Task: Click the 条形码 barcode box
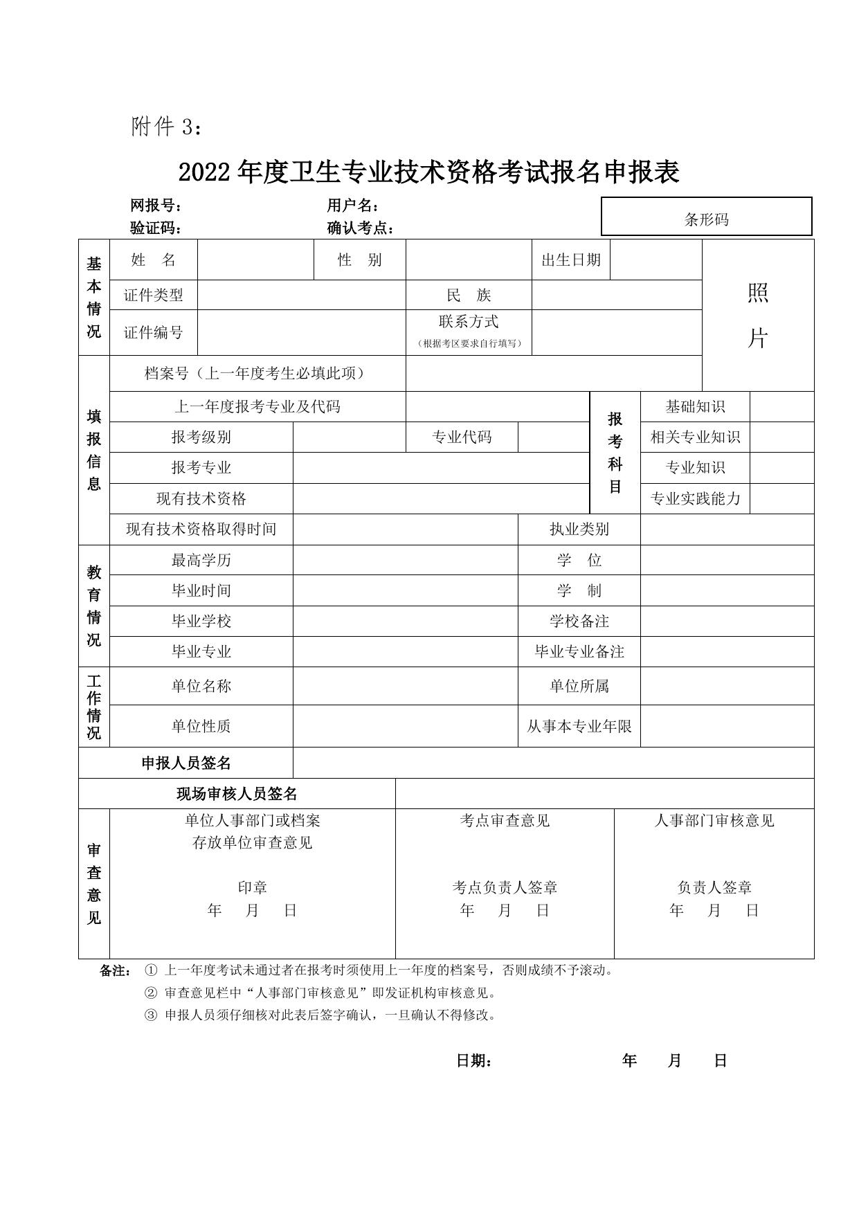click(x=706, y=219)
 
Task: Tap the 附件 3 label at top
click(x=167, y=127)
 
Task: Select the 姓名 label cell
click(x=154, y=260)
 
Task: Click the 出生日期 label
click(x=571, y=260)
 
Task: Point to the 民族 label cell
click(x=469, y=295)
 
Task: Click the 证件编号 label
click(x=154, y=332)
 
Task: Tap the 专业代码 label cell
click(x=462, y=437)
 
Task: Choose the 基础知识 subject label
click(x=695, y=406)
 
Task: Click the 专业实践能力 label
click(x=695, y=498)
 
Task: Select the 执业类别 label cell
click(x=579, y=529)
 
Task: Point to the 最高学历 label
click(x=201, y=559)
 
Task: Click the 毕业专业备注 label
click(x=579, y=651)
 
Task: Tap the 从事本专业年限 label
click(x=579, y=726)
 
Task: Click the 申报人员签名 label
click(x=186, y=763)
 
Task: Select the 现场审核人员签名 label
click(x=237, y=793)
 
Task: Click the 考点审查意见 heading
click(x=505, y=820)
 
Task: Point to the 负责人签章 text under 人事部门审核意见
click(x=714, y=887)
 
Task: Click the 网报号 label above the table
click(x=156, y=206)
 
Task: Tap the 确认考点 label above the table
click(x=361, y=228)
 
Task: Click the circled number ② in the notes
click(x=150, y=993)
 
